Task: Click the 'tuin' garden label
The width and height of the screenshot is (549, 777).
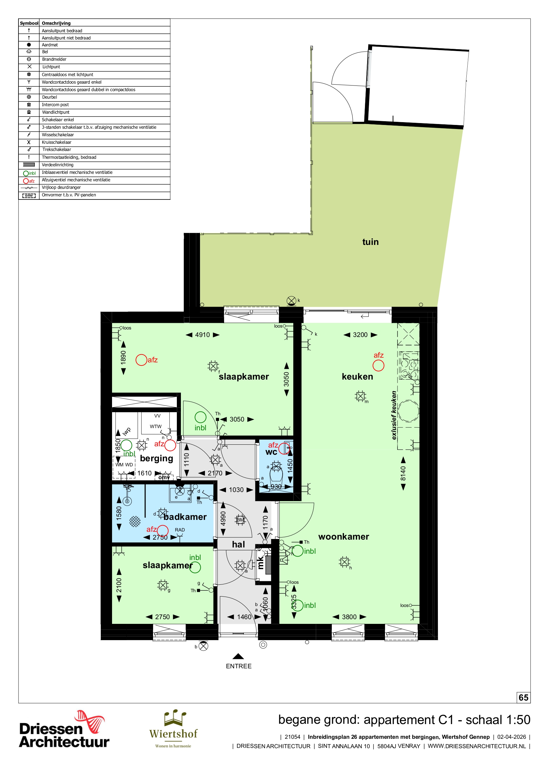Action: [370, 242]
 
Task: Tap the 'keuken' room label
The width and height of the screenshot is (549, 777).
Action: [357, 376]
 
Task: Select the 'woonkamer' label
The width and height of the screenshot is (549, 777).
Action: [343, 536]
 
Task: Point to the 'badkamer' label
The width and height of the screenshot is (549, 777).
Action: [185, 517]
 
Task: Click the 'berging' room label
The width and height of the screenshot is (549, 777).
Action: [156, 458]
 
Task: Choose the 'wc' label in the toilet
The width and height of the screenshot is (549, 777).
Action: [271, 452]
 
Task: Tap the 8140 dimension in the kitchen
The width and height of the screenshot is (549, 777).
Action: [403, 473]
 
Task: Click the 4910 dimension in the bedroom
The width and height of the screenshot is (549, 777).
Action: [202, 335]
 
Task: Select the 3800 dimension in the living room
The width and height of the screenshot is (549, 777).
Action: [349, 617]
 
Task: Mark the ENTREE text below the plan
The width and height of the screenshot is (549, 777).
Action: [239, 666]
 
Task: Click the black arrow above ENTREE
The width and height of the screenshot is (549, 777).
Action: [238, 656]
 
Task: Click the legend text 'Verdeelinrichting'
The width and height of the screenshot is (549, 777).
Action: [58, 165]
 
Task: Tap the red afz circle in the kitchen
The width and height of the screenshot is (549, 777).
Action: [378, 365]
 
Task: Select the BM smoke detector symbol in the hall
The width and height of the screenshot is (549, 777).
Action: [240, 520]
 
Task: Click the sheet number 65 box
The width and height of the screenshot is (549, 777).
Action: [523, 697]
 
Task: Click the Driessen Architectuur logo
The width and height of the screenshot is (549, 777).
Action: [64, 729]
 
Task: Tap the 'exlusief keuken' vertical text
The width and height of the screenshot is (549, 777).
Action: [393, 415]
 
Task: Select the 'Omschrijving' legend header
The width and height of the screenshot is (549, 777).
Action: [56, 23]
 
